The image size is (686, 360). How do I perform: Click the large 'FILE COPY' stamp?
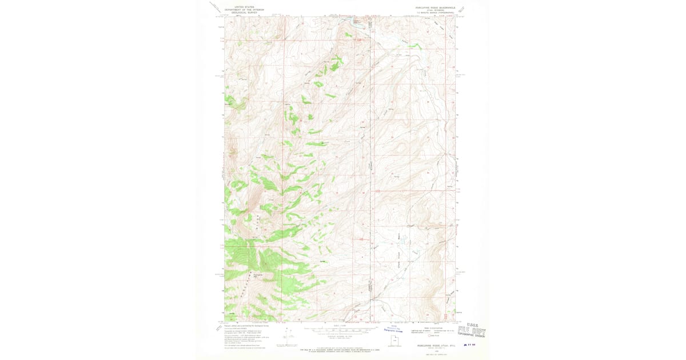tap(472, 331)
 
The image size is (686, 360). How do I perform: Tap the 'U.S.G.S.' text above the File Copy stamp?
tap(474, 324)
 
